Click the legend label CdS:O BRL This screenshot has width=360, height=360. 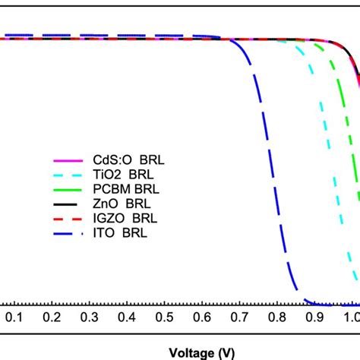pos(120,161)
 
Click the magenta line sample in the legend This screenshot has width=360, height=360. pos(67,161)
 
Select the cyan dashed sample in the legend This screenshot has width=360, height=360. pos(67,175)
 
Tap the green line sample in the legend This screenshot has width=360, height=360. pos(67,189)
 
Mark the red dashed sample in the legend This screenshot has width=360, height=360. pos(67,218)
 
